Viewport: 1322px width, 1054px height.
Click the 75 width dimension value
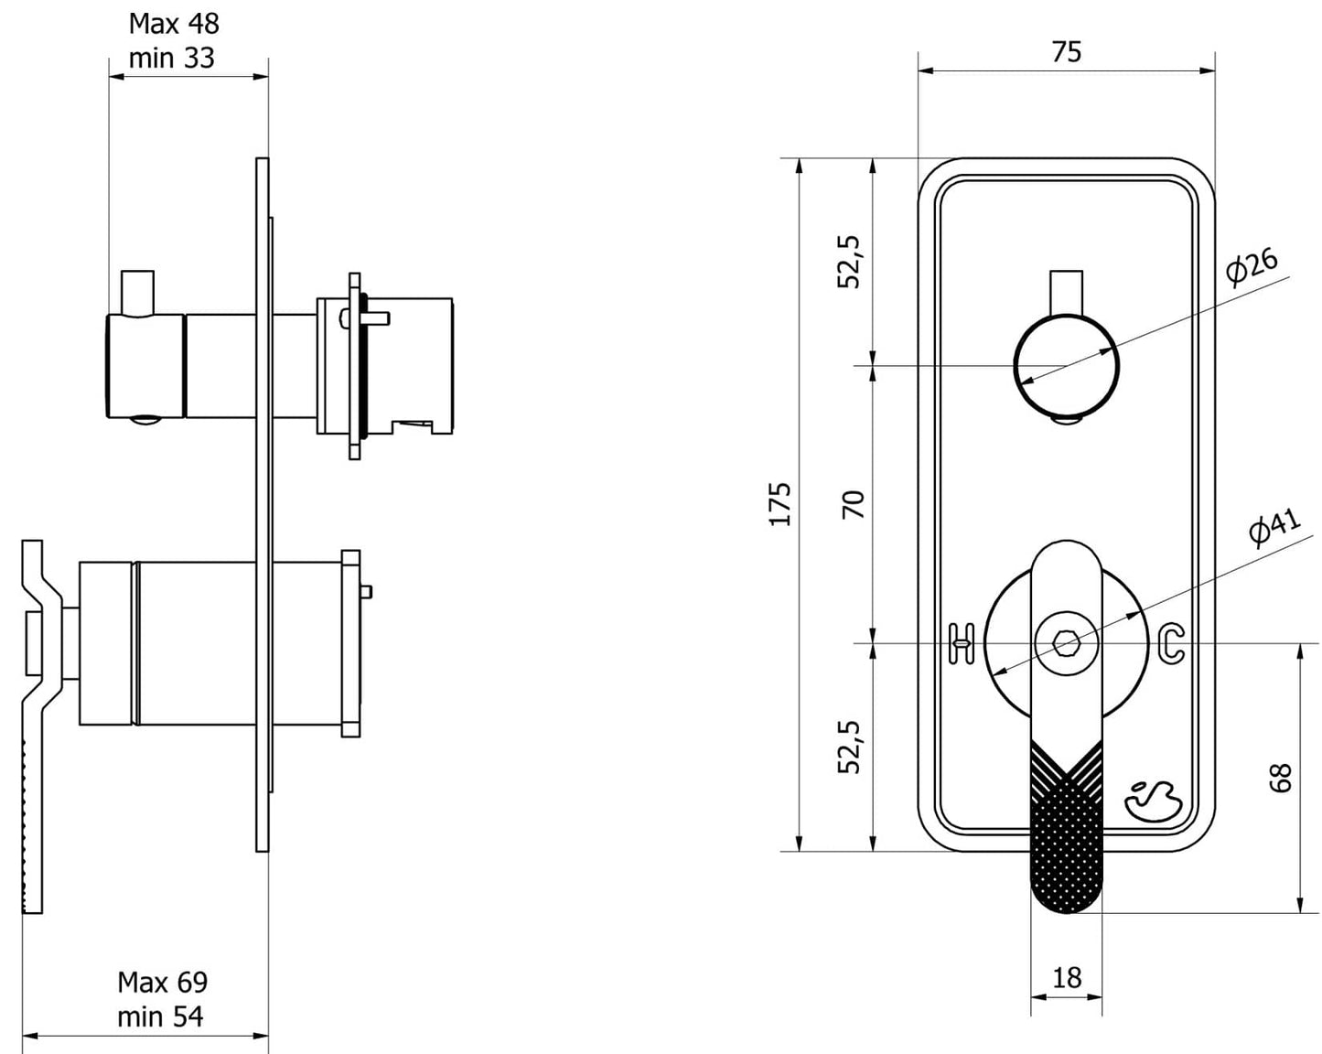point(1066,52)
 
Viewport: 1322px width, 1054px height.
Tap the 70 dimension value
point(853,504)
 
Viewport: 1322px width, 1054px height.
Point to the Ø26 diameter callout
point(1252,266)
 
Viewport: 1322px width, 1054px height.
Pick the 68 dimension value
point(1281,777)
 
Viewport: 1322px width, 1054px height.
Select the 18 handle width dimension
point(1067,978)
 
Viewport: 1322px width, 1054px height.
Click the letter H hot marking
point(961,643)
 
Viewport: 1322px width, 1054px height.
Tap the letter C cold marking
point(1172,643)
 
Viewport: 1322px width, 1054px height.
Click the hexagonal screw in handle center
point(1066,643)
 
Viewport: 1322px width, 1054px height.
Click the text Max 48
point(174,23)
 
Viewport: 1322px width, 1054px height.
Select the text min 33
point(172,58)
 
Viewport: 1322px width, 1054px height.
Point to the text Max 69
point(162,982)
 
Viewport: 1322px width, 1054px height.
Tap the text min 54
point(160,1016)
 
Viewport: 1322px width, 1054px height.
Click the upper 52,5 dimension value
point(850,262)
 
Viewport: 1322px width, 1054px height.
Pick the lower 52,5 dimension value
point(850,747)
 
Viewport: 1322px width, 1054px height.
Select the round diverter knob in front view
point(1066,367)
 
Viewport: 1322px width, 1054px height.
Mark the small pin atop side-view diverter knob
point(138,291)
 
